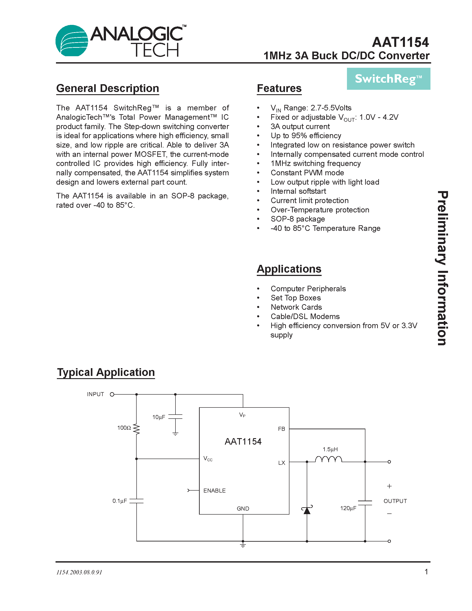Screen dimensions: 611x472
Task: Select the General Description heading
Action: (108, 88)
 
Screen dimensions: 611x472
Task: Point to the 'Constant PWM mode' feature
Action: (307, 173)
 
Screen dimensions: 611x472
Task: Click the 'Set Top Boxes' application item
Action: (296, 298)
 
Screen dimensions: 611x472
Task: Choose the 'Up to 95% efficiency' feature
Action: (306, 136)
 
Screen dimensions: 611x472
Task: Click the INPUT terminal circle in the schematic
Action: (112, 394)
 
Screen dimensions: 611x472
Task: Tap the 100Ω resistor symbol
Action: (136, 429)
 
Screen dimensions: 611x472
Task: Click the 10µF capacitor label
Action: (159, 417)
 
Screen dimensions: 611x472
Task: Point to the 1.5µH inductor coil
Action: (328, 459)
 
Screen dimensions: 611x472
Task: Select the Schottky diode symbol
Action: (307, 510)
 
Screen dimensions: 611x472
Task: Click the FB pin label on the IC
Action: (281, 429)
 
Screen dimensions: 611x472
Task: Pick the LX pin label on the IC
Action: (282, 463)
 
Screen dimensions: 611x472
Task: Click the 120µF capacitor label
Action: (348, 508)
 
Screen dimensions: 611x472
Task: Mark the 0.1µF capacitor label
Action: (120, 501)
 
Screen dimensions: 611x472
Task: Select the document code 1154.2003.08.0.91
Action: (79, 572)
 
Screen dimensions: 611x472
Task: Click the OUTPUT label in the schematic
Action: (395, 501)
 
